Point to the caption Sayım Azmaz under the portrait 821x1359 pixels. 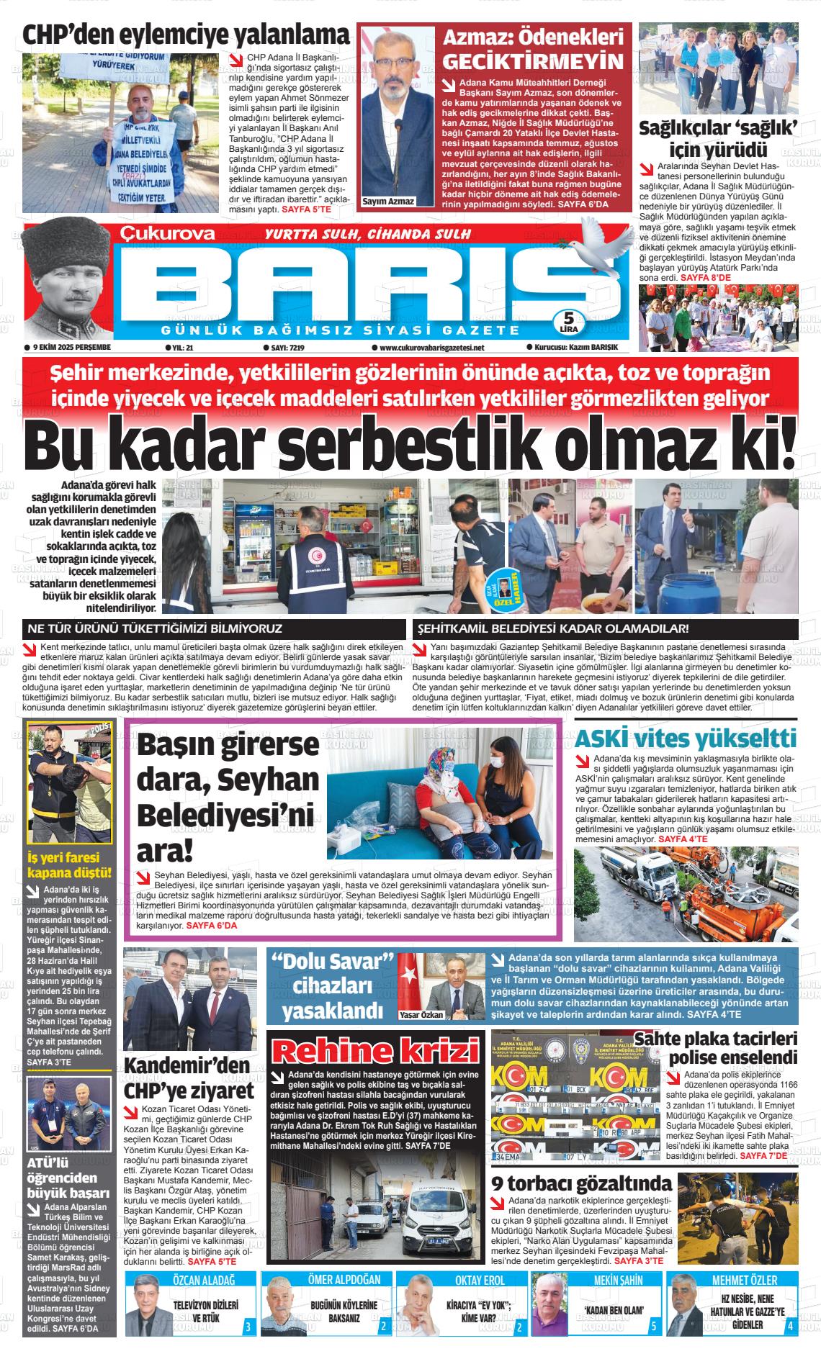tap(389, 201)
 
